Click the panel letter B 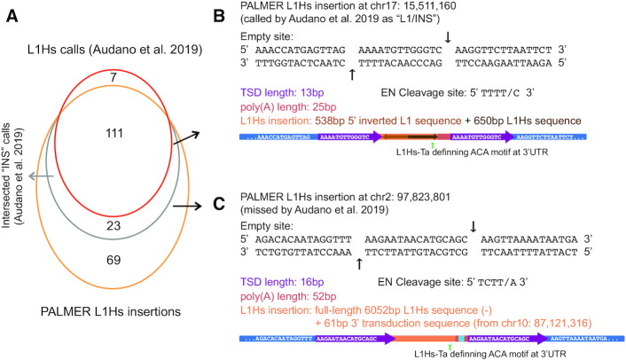[x=224, y=11]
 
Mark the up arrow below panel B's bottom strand [x=353, y=74]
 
